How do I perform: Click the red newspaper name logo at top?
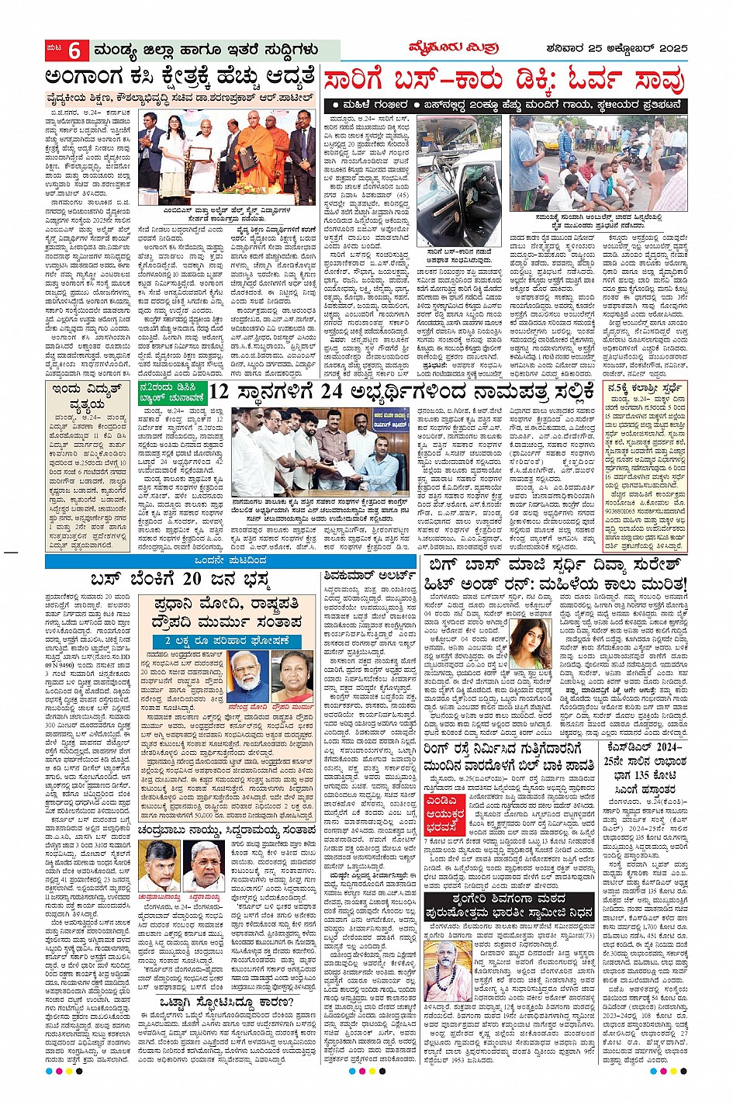[x=453, y=48]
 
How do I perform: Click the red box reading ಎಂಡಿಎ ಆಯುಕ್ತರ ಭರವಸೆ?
[x=445, y=803]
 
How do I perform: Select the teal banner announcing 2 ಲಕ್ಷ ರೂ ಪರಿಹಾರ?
[x=226, y=641]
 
